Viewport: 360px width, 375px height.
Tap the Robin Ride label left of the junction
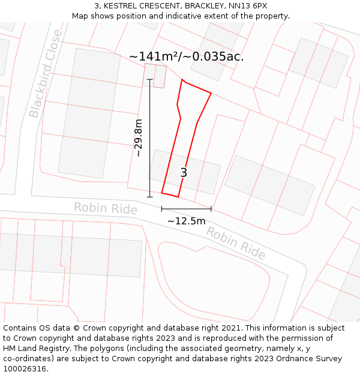tap(106, 208)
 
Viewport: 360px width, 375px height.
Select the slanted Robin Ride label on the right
tap(236, 242)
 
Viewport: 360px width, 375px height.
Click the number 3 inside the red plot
tap(184, 173)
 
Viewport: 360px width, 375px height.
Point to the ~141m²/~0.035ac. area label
tap(186, 56)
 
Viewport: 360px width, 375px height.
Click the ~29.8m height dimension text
tap(139, 137)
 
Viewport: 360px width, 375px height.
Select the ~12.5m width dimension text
tap(186, 221)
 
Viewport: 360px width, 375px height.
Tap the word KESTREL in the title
tap(123, 6)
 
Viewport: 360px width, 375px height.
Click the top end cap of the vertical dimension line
tap(149, 79)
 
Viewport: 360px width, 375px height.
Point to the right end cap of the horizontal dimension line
tap(211, 209)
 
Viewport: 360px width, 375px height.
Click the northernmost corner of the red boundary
tap(182, 80)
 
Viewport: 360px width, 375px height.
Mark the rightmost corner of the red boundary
tap(211, 93)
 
